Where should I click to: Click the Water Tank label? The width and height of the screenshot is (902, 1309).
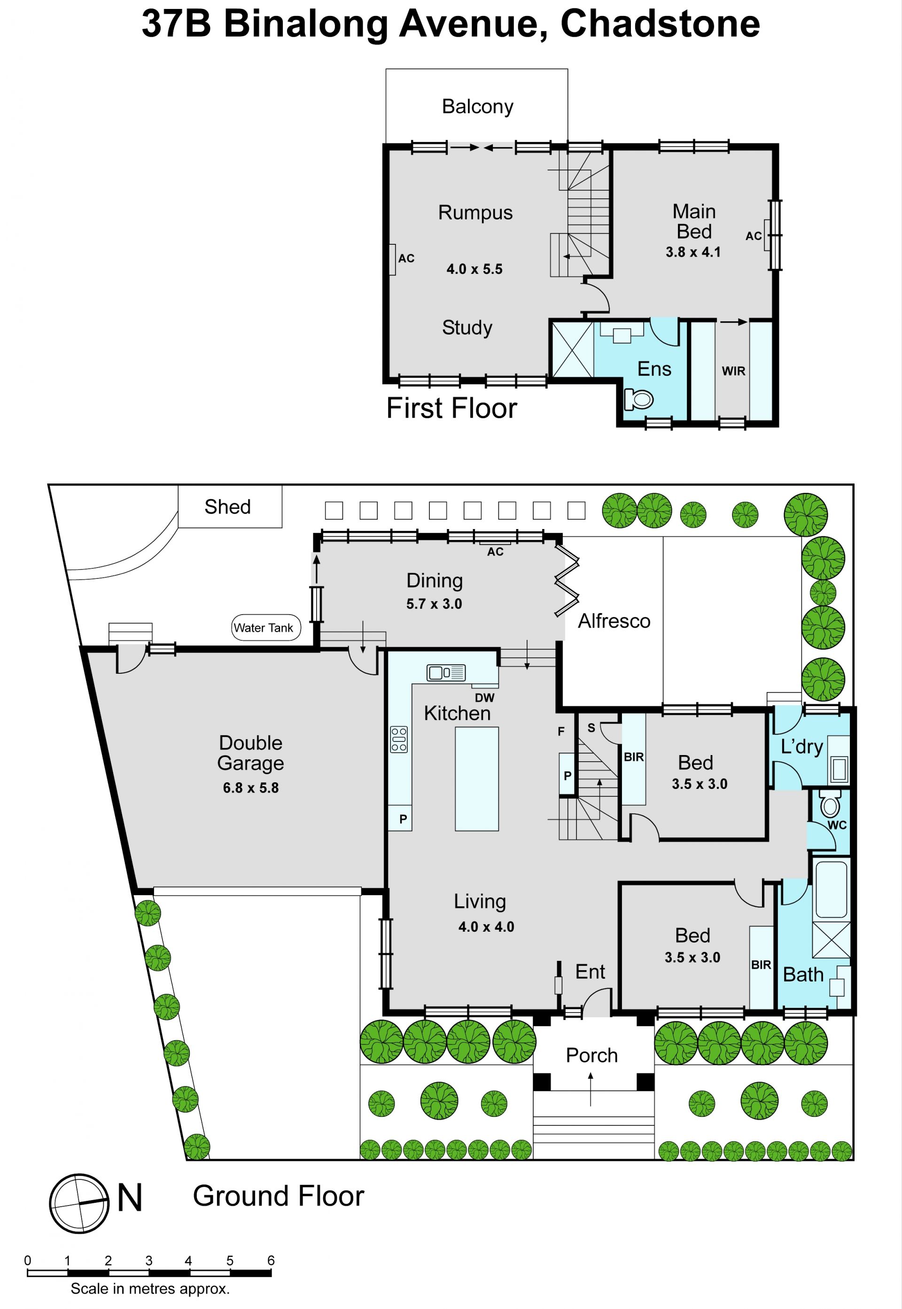click(264, 627)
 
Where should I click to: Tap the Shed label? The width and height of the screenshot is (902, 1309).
click(227, 506)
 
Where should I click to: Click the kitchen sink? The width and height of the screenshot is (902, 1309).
click(446, 672)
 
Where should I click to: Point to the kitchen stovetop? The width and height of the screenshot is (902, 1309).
click(398, 739)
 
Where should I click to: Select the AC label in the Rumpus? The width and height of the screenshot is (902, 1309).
click(406, 258)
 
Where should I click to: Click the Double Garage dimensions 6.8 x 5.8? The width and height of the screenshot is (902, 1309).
click(250, 787)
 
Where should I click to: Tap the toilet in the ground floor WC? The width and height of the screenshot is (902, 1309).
click(830, 803)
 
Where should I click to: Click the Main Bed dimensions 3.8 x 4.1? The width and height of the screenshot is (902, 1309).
click(693, 252)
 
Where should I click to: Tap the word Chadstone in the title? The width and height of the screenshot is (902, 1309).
click(660, 24)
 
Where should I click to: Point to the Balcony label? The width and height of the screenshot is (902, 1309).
click(478, 106)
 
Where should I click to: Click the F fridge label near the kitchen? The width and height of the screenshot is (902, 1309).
click(561, 732)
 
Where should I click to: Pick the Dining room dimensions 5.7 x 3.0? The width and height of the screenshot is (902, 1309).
click(434, 604)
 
